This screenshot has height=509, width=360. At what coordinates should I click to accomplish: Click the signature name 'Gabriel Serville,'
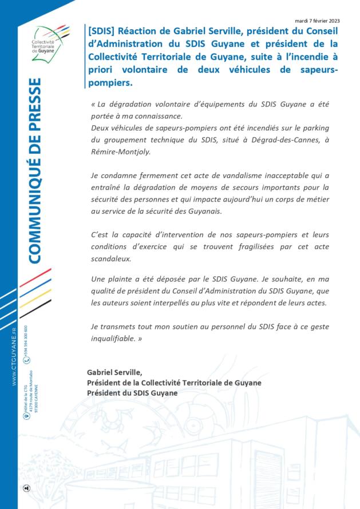click(x=114, y=372)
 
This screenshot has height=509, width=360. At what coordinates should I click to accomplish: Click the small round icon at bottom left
click(x=26, y=487)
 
